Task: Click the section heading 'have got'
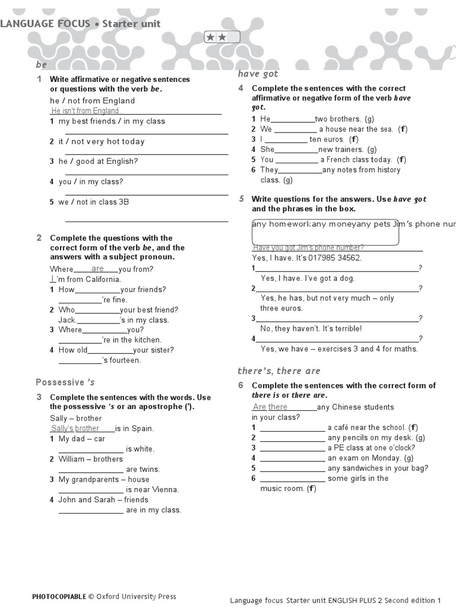258,74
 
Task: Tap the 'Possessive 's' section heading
65,382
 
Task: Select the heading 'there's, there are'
278,371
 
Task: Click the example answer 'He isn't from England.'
85,111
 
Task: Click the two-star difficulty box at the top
222,37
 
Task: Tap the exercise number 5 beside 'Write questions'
242,199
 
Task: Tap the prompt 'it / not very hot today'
102,141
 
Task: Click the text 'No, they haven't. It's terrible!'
311,328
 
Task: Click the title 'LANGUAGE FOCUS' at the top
45,24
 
